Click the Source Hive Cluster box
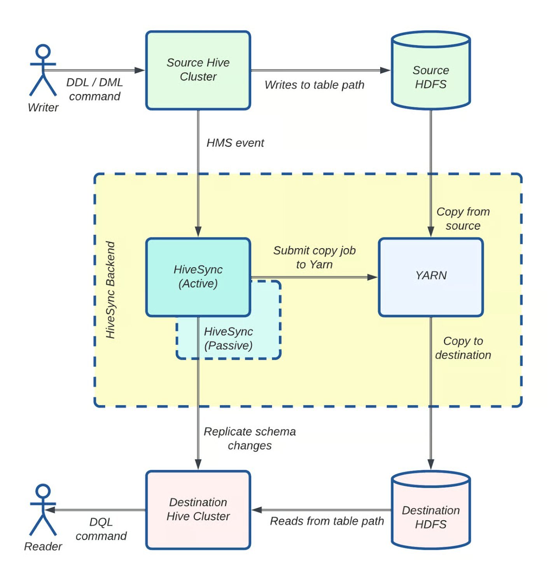198,70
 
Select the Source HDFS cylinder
430,77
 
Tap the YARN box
430,276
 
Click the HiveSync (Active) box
198,276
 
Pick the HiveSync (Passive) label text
228,338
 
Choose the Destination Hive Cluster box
198,509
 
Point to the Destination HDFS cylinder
430,517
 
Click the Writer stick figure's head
43,51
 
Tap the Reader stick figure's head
43,491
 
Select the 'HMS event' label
235,143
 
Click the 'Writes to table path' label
314,85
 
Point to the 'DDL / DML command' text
94,89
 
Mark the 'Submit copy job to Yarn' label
314,257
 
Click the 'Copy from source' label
463,219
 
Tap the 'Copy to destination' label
463,348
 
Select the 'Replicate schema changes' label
250,438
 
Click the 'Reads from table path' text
327,521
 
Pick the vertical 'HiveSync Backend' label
111,290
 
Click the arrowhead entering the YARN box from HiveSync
373,277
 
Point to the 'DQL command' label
101,529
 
